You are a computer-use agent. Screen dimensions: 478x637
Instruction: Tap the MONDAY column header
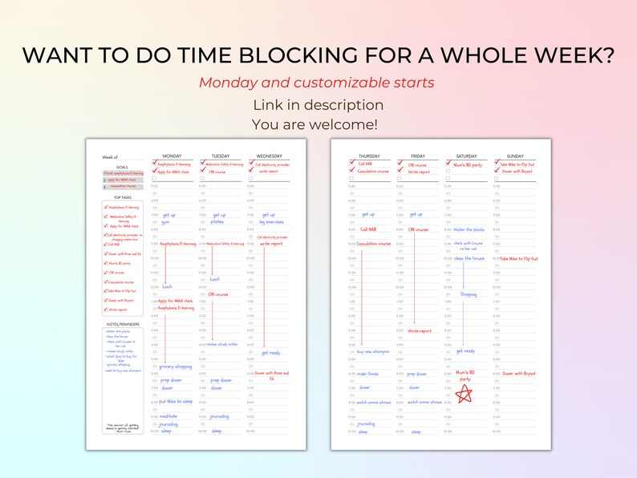pyautogui.click(x=172, y=156)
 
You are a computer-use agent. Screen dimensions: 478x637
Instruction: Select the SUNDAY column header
pyautogui.click(x=515, y=156)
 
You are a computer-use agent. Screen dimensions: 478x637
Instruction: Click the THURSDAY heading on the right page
pyautogui.click(x=369, y=156)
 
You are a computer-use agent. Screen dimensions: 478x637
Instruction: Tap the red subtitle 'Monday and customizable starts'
pyautogui.click(x=317, y=83)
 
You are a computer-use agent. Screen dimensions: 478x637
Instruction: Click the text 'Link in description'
pyautogui.click(x=318, y=105)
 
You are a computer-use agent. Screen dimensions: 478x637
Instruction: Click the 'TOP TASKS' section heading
pyautogui.click(x=123, y=196)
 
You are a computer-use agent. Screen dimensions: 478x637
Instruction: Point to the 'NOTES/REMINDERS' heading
pyautogui.click(x=123, y=325)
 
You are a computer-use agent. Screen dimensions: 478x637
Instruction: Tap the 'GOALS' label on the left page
pyautogui.click(x=123, y=166)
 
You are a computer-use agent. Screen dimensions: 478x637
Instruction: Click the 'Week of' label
pyautogui.click(x=110, y=156)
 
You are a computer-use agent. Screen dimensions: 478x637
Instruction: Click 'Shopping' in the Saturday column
pyautogui.click(x=468, y=294)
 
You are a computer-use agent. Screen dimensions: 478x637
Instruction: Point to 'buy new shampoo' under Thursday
pyautogui.click(x=373, y=351)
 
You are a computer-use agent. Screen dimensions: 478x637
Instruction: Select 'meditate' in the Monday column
pyautogui.click(x=168, y=416)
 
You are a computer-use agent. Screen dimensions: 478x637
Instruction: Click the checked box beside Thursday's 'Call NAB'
pyautogui.click(x=352, y=164)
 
